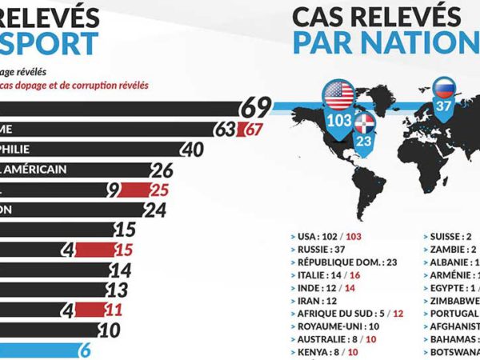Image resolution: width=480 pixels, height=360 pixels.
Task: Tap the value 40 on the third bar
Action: click(192, 149)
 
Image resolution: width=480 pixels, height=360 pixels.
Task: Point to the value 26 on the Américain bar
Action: click(162, 170)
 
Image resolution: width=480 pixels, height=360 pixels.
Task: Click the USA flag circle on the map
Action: click(338, 96)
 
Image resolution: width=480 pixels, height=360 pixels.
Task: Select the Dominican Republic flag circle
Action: click(365, 122)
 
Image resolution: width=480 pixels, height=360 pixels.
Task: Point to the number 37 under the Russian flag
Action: click(444, 104)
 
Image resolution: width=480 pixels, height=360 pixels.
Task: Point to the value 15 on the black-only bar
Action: click(125, 230)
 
